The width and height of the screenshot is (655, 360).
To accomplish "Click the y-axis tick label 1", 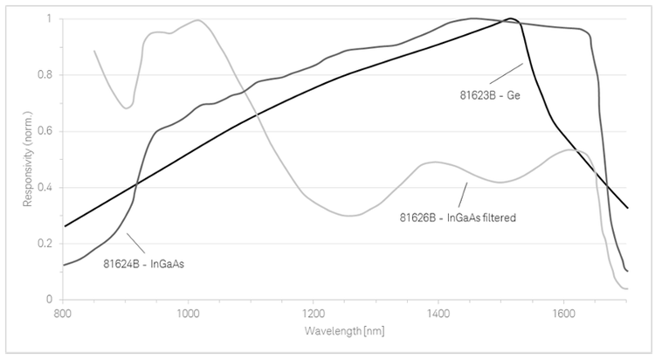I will pos(51,19).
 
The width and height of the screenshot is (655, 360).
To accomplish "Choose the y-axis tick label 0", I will pos(51,299).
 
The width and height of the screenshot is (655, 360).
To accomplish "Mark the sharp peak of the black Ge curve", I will pos(510,18).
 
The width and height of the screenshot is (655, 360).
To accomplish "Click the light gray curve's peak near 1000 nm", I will pos(197,20).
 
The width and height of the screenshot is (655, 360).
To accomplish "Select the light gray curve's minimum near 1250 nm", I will pos(349,215).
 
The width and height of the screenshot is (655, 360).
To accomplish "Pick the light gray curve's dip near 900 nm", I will pos(128,107).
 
